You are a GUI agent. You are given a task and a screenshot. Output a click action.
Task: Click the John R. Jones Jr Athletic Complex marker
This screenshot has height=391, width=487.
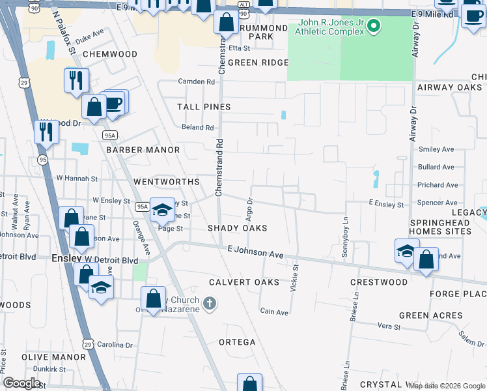click(374, 27)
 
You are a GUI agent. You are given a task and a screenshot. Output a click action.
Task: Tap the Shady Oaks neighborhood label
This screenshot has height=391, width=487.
click(238, 228)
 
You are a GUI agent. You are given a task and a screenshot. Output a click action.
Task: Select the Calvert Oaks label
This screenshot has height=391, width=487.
click(244, 282)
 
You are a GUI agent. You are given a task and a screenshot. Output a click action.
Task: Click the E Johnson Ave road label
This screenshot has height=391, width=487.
click(255, 252)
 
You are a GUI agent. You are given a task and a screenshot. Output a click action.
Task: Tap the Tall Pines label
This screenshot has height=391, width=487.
click(204, 107)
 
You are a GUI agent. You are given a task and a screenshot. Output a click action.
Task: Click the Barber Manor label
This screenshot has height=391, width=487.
click(143, 150)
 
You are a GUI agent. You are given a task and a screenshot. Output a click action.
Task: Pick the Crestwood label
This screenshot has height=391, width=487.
click(379, 282)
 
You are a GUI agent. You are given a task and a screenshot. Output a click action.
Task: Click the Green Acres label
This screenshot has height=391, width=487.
click(431, 315)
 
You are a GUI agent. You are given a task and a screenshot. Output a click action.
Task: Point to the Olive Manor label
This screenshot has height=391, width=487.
click(54, 357)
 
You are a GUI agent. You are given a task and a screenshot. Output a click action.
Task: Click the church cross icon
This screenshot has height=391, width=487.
click(209, 302)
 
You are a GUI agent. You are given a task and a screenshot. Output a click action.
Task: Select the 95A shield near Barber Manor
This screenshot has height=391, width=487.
click(110, 135)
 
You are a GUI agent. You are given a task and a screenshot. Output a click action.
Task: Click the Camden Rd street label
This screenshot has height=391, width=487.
click(197, 82)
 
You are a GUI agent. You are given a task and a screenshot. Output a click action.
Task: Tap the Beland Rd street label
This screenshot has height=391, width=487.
click(198, 128)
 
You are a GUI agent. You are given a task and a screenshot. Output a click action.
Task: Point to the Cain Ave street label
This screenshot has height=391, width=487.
click(274, 312)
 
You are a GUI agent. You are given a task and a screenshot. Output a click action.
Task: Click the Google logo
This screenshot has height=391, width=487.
click(21, 383)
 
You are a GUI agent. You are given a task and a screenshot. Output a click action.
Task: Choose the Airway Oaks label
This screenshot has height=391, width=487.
click(449, 87)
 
